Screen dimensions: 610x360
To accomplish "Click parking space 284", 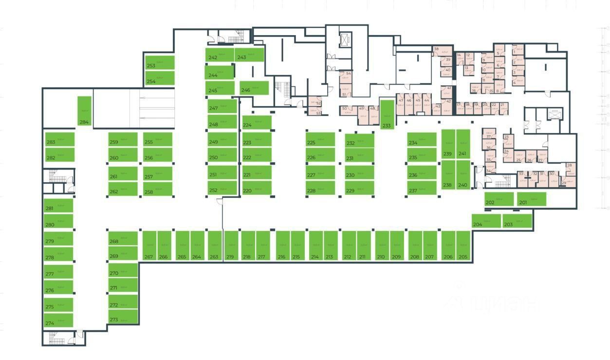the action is [84, 111].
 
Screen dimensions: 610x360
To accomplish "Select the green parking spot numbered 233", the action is [387, 114].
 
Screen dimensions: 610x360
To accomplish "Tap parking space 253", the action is [160, 63].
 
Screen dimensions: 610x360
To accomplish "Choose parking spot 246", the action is [254, 88].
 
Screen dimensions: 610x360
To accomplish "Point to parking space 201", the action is [532, 199].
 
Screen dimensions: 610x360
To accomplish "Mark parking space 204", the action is [486, 221].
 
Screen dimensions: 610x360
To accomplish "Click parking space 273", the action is [123, 317].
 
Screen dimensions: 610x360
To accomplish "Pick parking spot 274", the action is [58, 321].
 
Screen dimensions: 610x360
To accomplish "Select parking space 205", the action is [463, 246].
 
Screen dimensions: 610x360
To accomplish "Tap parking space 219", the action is [231, 246].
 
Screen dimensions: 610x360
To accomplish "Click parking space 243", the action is [249, 55].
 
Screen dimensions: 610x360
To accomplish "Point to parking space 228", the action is [320, 188].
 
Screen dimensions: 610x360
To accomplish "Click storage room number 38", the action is [440, 49].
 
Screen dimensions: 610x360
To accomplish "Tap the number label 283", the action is [51, 142].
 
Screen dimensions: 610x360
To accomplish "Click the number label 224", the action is [247, 125].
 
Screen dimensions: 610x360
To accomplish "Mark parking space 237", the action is [422, 188].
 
